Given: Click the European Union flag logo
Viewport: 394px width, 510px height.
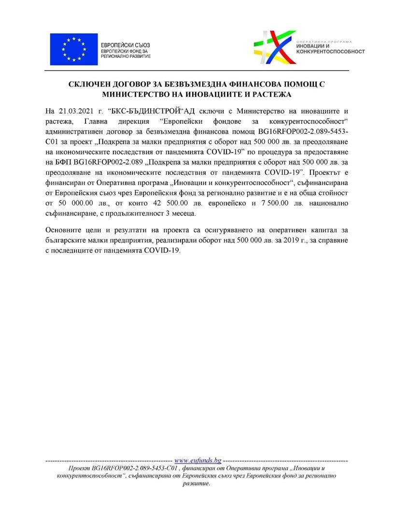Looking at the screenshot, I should tap(73, 49).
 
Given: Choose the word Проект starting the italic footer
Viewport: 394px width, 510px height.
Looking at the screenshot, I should tap(80, 469).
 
